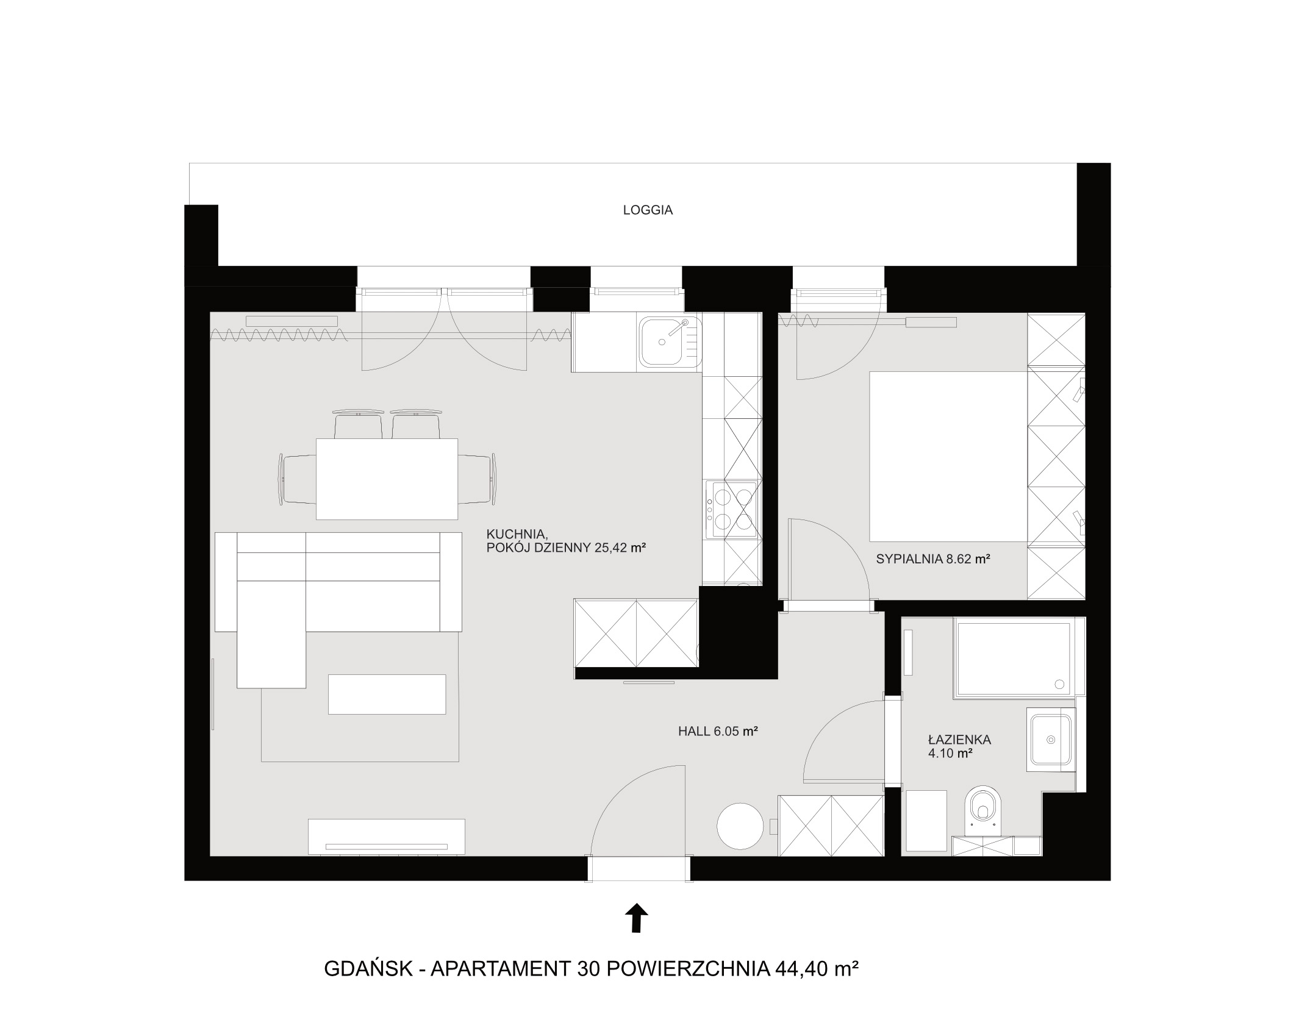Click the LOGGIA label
tap(648, 210)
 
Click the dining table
tap(387, 479)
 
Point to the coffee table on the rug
tap(387, 694)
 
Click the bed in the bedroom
tap(948, 456)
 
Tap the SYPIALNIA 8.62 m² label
tap(932, 559)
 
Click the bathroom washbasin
tap(1050, 740)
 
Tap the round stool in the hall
tap(740, 826)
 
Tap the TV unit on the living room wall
tap(387, 837)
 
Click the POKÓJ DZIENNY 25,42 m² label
tap(566, 548)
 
